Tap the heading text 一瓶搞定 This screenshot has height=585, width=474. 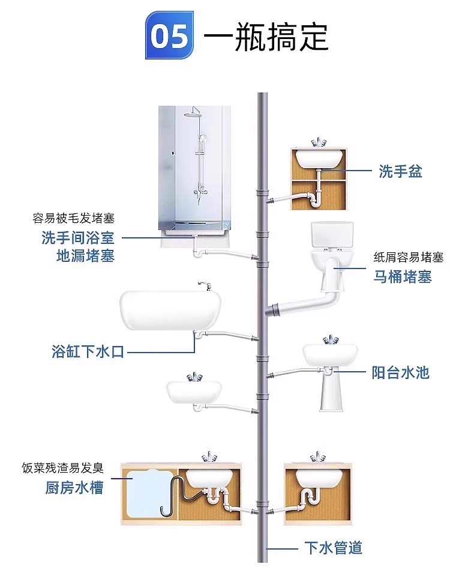tap(266, 37)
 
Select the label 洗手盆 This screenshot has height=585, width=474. tap(401, 171)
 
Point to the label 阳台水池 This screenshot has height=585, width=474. tap(401, 372)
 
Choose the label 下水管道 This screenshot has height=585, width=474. tap(333, 548)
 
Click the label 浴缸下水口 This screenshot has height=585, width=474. tap(88, 352)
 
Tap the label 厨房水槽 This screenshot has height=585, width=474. tap(74, 487)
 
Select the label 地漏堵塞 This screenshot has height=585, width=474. tap(85, 255)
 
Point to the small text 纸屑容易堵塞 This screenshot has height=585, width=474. tap(409, 258)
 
